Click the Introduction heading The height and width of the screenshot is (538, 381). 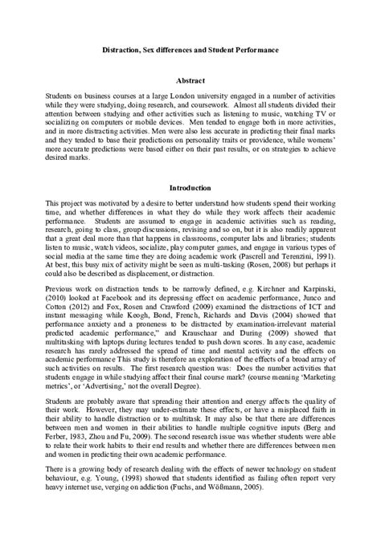[x=190, y=188]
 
